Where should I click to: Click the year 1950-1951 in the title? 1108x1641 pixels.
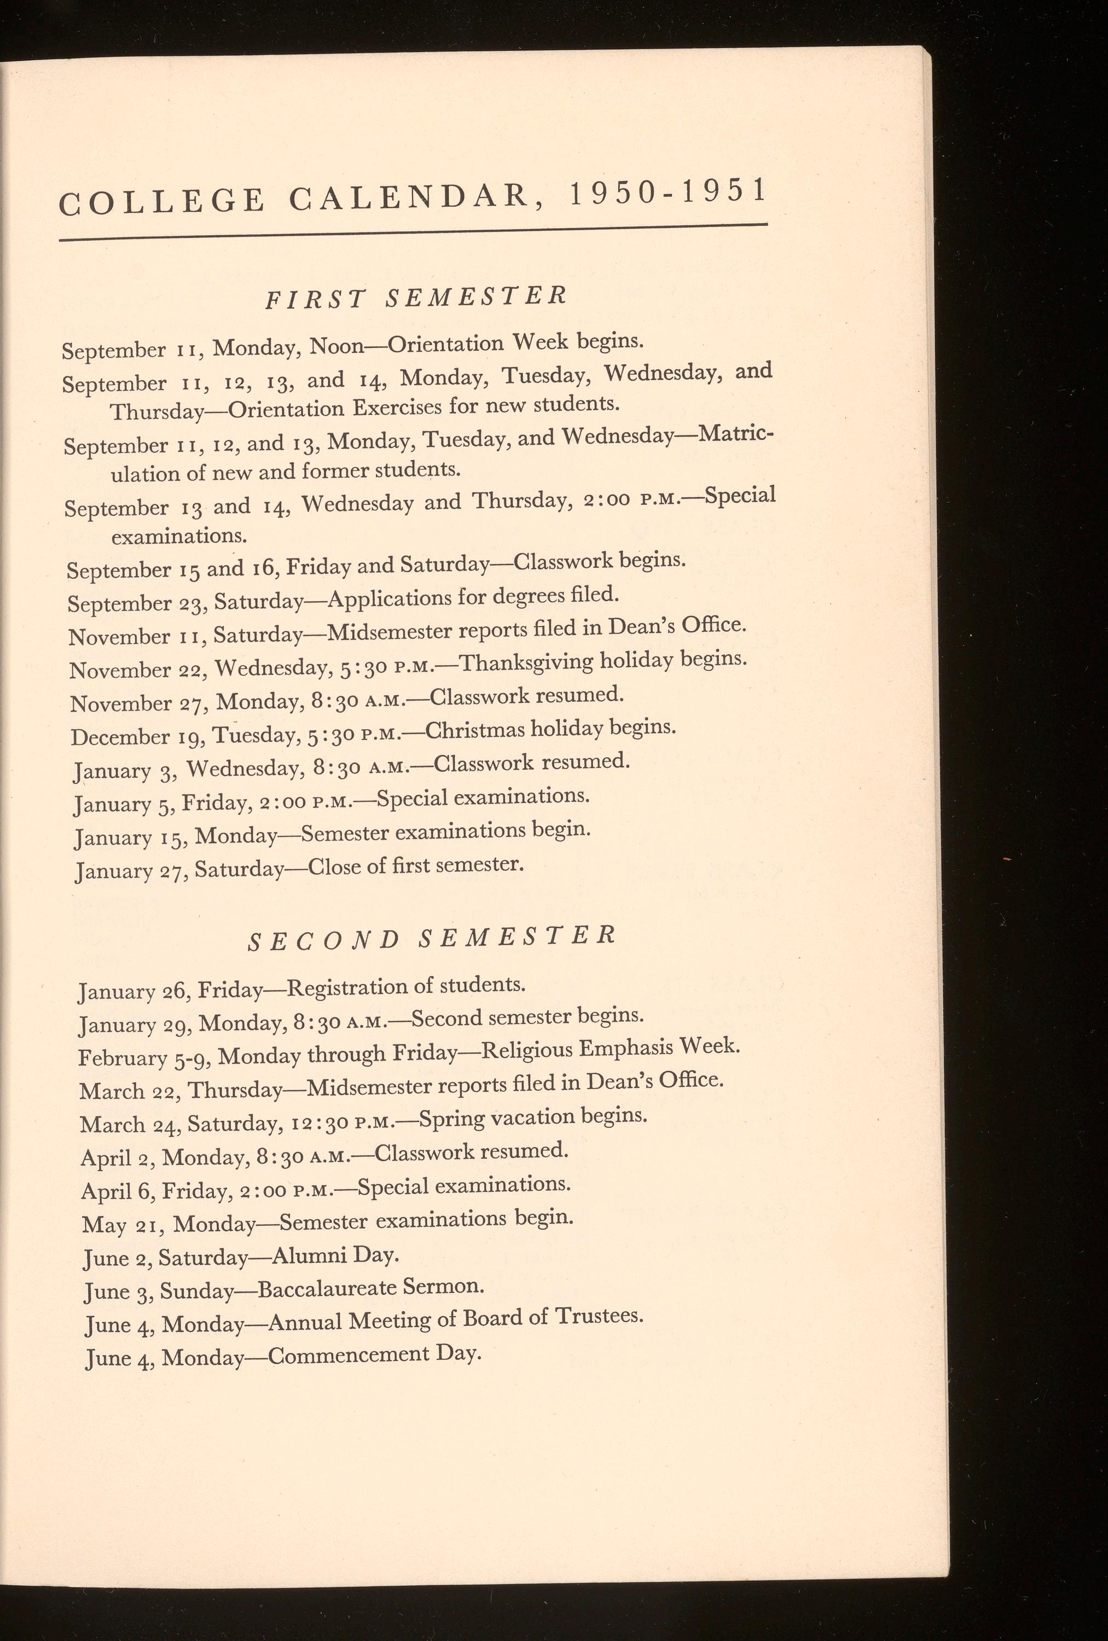click(668, 193)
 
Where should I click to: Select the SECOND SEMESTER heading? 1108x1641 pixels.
click(432, 938)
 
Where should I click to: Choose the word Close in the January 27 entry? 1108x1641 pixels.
click(333, 866)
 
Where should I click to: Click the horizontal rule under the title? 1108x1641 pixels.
click(413, 234)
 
